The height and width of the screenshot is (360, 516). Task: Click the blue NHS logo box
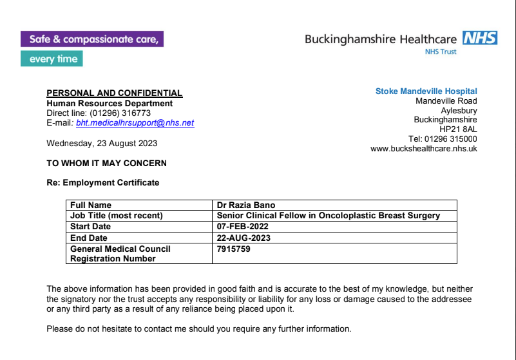(480, 38)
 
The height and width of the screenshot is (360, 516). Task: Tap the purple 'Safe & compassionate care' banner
(91, 39)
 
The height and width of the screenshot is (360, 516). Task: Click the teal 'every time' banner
(52, 59)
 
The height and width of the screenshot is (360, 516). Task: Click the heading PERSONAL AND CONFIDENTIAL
(115, 93)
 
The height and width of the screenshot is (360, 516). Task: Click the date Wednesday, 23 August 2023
(102, 143)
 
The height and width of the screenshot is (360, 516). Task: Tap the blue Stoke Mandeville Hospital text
(426, 91)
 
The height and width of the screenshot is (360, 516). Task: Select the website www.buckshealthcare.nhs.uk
(423, 148)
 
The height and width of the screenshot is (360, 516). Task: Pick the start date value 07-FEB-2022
(243, 227)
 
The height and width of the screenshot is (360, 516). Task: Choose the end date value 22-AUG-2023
(244, 238)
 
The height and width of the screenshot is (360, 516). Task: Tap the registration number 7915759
(234, 249)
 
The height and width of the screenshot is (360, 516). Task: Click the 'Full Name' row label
(91, 205)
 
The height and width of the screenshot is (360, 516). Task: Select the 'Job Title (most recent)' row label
(116, 216)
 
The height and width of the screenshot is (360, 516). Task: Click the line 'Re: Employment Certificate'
(102, 182)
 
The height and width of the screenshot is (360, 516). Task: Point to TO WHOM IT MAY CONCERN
(106, 163)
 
